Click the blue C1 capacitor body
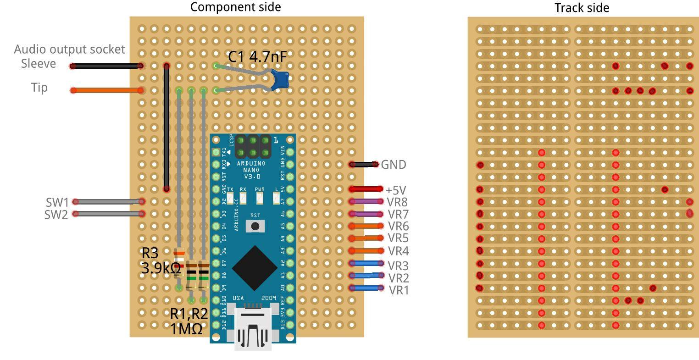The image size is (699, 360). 280,79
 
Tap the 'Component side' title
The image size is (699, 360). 235,7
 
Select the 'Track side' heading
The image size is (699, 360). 582,8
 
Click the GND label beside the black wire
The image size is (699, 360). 394,165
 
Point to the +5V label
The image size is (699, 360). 396,190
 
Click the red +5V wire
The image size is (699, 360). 366,189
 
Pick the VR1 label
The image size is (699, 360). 399,290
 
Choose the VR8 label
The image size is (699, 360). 398,202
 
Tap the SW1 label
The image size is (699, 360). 57,202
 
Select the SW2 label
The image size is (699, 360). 56,214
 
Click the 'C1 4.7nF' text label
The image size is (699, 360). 258,57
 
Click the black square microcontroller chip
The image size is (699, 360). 254,268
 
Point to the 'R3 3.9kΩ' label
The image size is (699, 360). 160,260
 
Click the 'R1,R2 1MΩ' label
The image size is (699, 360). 189,321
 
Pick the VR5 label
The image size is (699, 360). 398,238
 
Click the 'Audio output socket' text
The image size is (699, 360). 69,49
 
